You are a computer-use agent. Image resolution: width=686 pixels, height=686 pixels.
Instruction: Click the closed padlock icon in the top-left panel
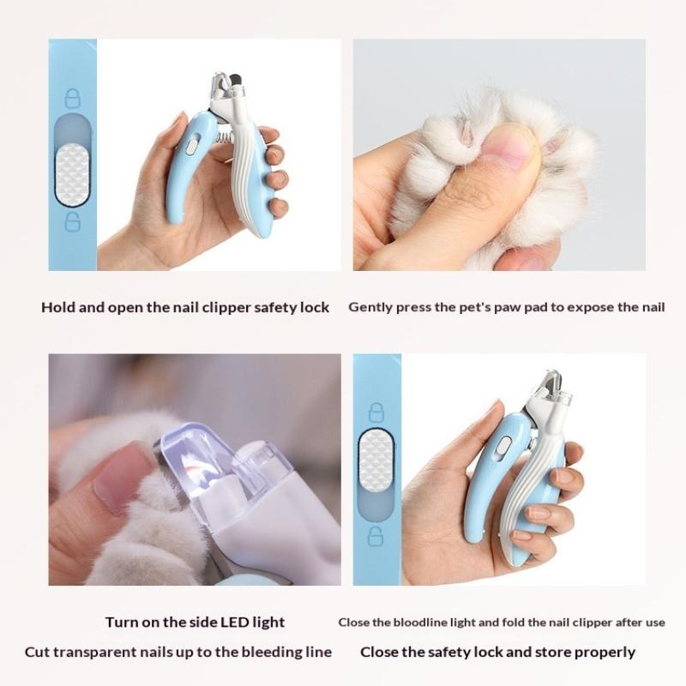[x=73, y=99]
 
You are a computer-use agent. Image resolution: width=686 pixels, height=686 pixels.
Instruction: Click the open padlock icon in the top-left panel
[x=73, y=221]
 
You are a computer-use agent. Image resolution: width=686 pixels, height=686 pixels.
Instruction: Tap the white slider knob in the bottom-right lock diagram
[x=376, y=458]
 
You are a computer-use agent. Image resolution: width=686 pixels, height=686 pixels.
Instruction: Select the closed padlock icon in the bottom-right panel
[x=376, y=412]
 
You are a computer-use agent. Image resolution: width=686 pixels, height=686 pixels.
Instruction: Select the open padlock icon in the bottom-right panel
[x=376, y=536]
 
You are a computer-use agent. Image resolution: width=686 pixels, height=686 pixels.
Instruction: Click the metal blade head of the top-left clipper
[x=226, y=87]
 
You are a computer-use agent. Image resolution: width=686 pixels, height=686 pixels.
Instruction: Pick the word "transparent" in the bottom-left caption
[x=97, y=652]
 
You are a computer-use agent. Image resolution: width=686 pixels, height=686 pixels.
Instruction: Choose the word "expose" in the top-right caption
[x=590, y=307]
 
